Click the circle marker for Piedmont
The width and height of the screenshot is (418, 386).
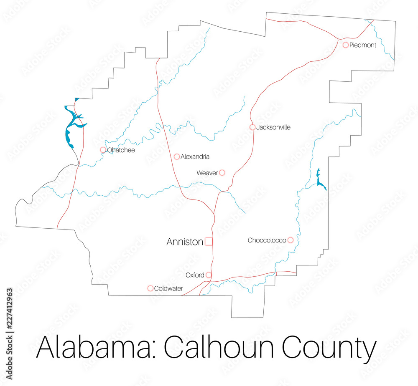(346, 45)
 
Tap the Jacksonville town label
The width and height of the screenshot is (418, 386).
(273, 127)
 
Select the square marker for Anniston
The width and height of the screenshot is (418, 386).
(209, 241)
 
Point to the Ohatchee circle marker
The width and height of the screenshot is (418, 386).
(103, 150)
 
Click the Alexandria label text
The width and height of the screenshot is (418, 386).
(195, 157)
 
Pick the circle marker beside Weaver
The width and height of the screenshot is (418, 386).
(222, 172)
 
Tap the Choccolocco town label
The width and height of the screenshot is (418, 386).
(267, 240)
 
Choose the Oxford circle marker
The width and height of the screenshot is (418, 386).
(209, 275)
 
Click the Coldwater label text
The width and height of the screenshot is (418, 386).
(168, 288)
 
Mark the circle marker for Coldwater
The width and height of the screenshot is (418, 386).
(150, 288)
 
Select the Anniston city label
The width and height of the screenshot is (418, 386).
(185, 242)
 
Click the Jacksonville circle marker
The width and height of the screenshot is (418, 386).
(252, 127)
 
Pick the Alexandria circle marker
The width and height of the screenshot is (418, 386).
(177, 156)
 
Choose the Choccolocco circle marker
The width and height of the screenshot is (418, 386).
(290, 240)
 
